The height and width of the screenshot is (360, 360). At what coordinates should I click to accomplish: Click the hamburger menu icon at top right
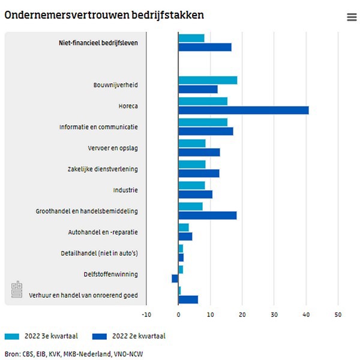click(352, 17)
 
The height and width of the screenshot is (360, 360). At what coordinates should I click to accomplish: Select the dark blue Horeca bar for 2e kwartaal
click(243, 110)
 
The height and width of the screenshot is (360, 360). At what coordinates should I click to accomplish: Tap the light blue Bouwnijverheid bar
click(208, 80)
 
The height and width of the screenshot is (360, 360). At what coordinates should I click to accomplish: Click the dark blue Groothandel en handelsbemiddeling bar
click(207, 215)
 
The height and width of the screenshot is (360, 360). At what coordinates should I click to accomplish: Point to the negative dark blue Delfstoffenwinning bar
click(175, 278)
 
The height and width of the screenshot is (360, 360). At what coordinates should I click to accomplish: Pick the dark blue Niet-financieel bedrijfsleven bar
click(205, 47)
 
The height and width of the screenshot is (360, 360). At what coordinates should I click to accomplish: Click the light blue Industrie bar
click(191, 185)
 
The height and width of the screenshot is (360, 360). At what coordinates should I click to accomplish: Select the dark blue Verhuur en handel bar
click(188, 299)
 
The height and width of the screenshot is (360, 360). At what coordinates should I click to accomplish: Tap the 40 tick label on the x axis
click(306, 314)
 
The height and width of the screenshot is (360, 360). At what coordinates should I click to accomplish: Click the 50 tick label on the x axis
click(338, 314)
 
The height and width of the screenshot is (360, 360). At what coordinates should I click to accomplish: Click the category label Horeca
click(128, 106)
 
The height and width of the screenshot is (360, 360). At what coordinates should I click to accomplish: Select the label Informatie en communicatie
click(98, 127)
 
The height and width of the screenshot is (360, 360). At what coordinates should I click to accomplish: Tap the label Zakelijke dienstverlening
click(103, 169)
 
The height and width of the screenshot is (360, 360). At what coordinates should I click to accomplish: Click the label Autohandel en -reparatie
click(103, 232)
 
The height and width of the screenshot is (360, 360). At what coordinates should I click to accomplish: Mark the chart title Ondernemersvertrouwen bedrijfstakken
click(103, 16)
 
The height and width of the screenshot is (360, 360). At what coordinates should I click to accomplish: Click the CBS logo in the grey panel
click(17, 290)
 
